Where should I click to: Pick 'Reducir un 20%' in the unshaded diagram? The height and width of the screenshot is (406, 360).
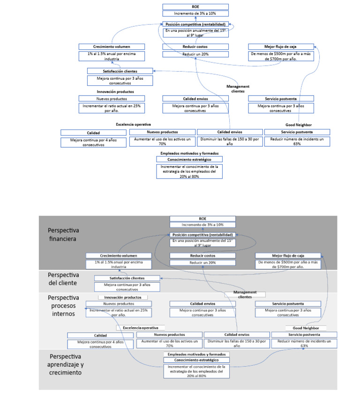195,54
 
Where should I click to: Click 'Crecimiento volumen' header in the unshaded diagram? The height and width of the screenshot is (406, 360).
111,46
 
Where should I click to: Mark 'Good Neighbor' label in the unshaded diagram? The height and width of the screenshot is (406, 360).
299,125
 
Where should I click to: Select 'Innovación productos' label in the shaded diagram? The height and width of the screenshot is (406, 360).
123,297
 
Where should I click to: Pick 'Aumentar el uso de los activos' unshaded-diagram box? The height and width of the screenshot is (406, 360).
162,142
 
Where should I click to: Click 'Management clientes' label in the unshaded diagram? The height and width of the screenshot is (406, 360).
238,89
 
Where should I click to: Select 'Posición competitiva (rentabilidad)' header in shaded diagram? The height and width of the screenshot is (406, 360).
202,234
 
